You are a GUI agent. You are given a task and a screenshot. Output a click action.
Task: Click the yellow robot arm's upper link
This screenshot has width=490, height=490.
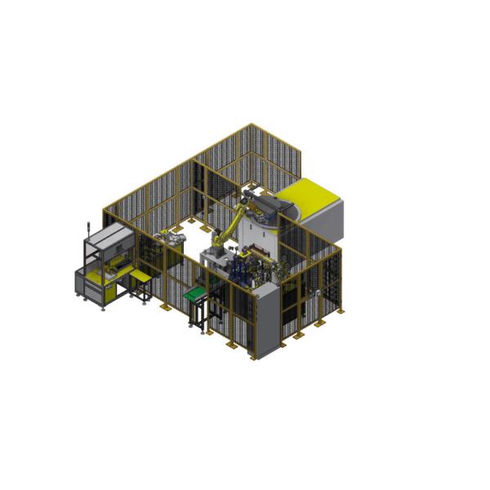pos(236,219)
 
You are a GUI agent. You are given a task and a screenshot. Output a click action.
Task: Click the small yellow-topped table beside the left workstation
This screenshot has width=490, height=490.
pos(140,278)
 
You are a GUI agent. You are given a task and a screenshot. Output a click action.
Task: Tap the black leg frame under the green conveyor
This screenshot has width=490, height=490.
pos(198,314)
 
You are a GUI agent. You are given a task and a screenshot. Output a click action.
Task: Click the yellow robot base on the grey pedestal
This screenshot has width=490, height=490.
pos(217,243)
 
